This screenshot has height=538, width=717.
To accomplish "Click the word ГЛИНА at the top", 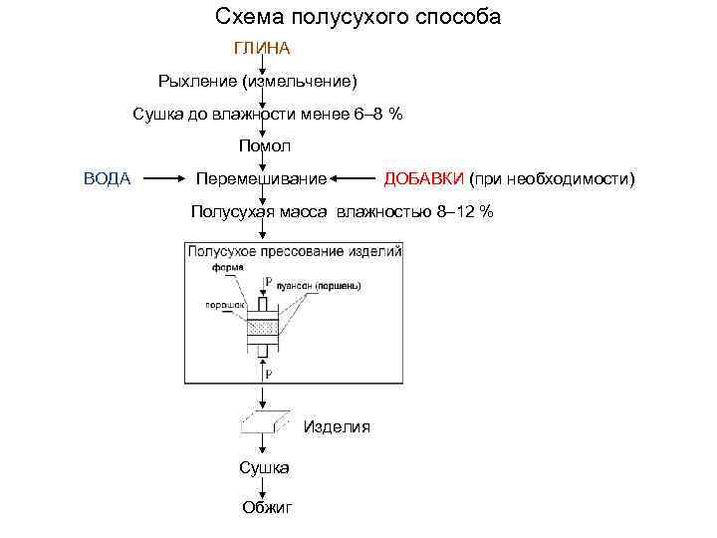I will [x=262, y=48].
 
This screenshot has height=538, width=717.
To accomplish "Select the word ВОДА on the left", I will [x=107, y=178].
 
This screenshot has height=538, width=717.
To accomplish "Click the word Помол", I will [x=264, y=146].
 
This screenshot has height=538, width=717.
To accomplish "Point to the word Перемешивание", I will [x=262, y=179].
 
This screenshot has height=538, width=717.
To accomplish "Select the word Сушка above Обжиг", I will [x=264, y=467].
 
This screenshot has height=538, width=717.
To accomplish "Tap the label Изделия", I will [x=337, y=426].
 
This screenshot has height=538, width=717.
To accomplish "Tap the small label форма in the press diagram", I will [x=223, y=267].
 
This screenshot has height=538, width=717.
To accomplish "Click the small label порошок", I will [x=221, y=305].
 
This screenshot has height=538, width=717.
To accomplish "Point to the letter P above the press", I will [x=268, y=282].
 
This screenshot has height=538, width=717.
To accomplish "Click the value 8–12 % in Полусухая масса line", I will [x=465, y=211].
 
